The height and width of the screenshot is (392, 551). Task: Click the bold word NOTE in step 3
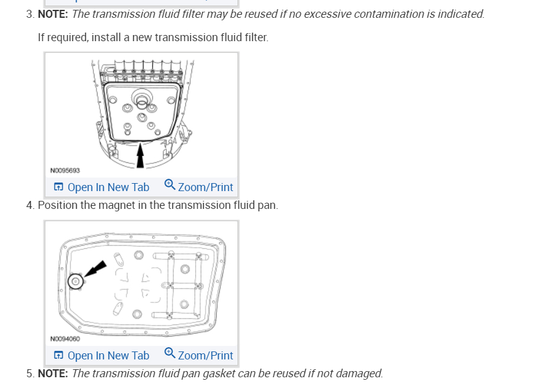click(x=53, y=14)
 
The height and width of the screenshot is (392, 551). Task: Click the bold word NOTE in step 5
click(x=53, y=373)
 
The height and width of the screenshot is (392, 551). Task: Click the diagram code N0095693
click(x=65, y=170)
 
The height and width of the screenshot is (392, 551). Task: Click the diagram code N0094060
click(x=65, y=339)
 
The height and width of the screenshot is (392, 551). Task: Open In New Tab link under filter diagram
click(x=108, y=187)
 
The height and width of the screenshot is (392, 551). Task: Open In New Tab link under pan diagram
click(x=108, y=356)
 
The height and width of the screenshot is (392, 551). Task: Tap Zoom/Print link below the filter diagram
click(x=205, y=187)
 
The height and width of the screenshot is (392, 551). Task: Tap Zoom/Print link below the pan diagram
click(x=205, y=356)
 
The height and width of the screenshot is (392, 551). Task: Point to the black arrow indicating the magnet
click(x=94, y=269)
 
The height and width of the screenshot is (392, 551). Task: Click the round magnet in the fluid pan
click(x=75, y=281)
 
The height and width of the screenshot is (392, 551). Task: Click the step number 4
click(x=29, y=205)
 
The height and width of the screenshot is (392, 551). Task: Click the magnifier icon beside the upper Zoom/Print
click(x=170, y=185)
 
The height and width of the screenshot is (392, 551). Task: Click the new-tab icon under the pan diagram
click(x=58, y=356)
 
